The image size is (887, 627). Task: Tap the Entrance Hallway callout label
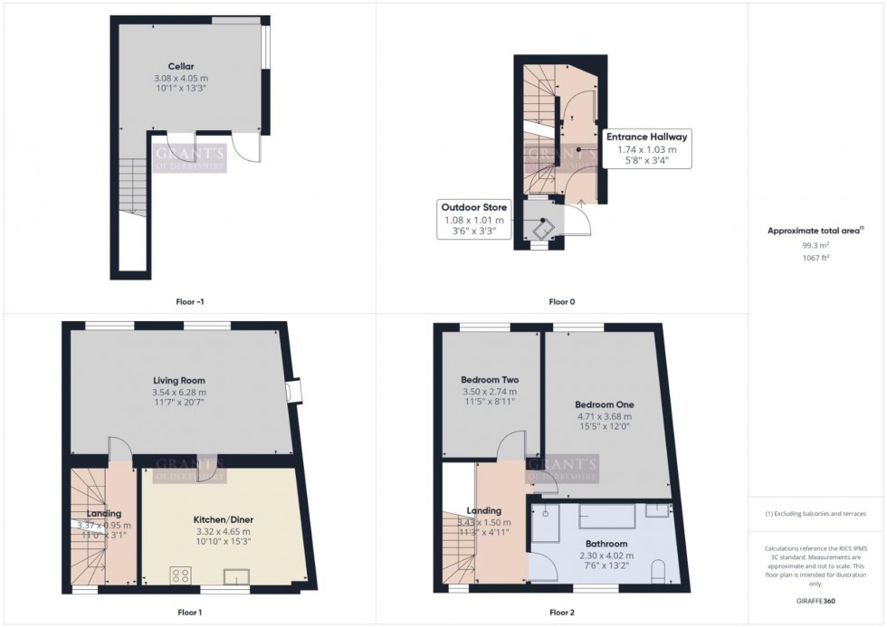[x=646, y=137]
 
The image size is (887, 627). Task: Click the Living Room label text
[x=179, y=380]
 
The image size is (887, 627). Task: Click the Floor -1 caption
[x=189, y=301]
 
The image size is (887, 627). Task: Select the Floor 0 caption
[x=561, y=301]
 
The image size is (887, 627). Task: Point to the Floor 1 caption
[x=189, y=613]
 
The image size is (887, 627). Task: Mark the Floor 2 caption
[x=561, y=613]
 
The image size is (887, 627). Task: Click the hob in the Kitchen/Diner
[x=179, y=575]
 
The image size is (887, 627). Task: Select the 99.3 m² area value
[x=816, y=245]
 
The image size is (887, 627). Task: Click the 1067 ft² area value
[x=816, y=258]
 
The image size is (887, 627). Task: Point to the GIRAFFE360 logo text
[x=816, y=600]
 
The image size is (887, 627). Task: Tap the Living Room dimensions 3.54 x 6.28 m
[x=179, y=393]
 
